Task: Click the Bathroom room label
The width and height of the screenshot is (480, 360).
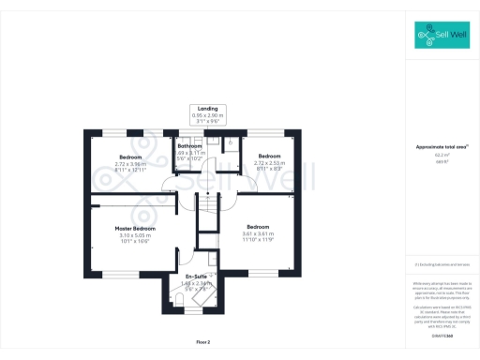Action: (x=191, y=146)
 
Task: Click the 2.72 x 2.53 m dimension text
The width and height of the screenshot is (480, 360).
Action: (x=270, y=161)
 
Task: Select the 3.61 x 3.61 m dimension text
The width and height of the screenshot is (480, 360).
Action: (x=259, y=233)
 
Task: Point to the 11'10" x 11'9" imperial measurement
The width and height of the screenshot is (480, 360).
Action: (x=259, y=240)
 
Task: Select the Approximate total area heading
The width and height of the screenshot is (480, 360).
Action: (x=442, y=147)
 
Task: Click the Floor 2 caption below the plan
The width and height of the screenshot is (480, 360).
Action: (x=202, y=342)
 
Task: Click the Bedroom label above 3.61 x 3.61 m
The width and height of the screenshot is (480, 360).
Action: (x=259, y=227)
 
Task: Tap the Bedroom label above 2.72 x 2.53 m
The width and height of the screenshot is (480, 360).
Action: (x=270, y=155)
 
